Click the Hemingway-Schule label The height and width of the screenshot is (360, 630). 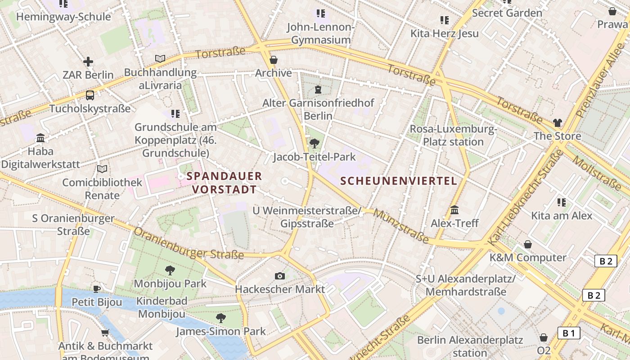(63, 17)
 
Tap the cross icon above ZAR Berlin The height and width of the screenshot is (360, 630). (88, 62)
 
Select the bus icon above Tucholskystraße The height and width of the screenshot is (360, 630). (90, 95)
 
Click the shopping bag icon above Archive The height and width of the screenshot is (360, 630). (274, 60)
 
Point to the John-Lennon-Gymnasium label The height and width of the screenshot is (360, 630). (321, 33)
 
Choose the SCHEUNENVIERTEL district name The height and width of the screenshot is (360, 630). (399, 181)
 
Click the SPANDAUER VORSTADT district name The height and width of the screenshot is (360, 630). (224, 182)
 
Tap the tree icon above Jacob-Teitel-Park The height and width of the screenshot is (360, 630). (315, 144)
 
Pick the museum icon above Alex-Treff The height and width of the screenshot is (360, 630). (454, 210)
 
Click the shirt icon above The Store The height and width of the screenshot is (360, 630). (558, 122)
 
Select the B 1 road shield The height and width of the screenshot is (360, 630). (569, 333)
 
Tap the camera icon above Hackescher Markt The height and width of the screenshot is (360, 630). (280, 276)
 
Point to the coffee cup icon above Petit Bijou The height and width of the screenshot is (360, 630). (96, 288)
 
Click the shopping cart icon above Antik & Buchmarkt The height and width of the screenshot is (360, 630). (105, 333)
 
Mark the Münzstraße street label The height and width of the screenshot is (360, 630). (401, 227)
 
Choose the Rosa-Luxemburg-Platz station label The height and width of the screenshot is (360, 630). (453, 135)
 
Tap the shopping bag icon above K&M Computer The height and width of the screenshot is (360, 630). (528, 244)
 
